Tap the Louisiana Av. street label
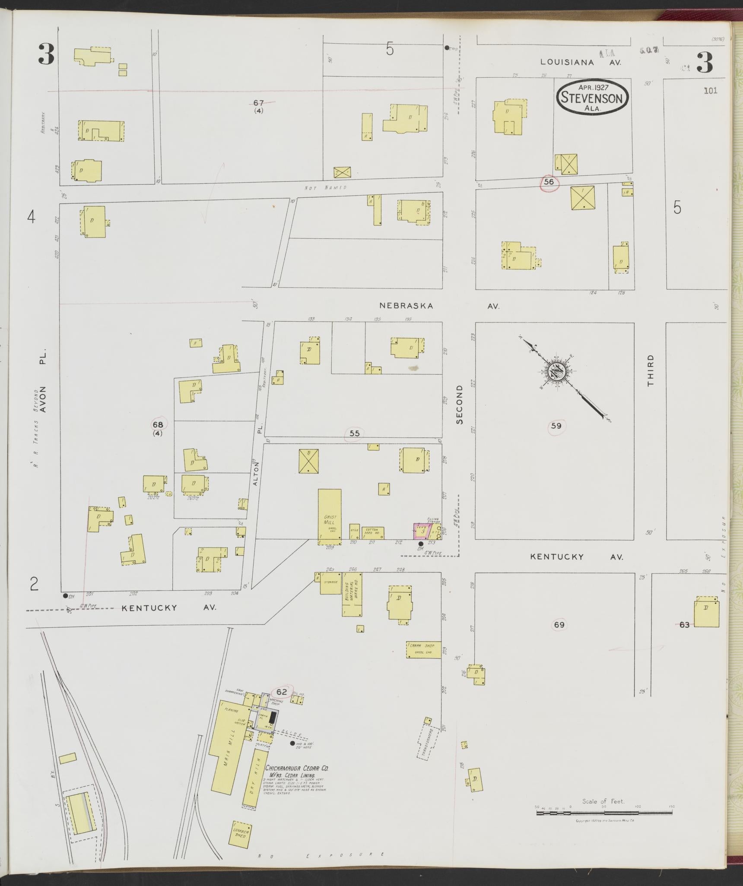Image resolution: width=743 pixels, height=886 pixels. [581, 62]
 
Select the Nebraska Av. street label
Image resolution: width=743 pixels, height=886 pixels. [439, 306]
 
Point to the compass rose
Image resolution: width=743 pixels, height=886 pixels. [556, 372]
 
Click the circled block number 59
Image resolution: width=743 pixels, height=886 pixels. [556, 426]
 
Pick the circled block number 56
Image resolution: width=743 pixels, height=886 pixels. [549, 182]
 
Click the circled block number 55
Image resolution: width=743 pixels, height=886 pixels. [354, 434]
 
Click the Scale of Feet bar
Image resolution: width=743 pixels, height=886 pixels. [604, 813]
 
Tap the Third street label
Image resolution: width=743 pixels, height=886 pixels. [651, 370]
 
